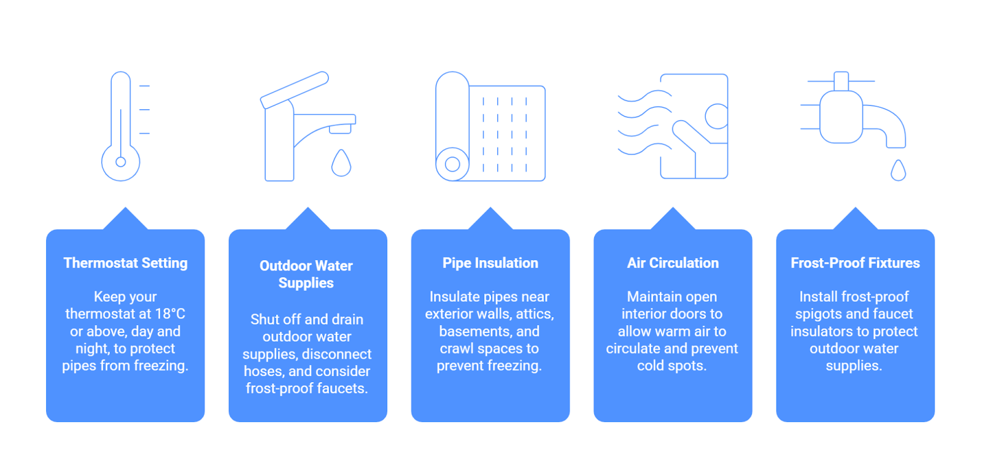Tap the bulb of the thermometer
click(x=120, y=162)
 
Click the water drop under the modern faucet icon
click(x=341, y=163)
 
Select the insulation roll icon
click(x=490, y=126)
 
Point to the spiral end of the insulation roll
click(x=452, y=164)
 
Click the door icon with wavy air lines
click(x=673, y=126)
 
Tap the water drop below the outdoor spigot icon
click(x=899, y=170)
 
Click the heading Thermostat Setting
click(x=125, y=263)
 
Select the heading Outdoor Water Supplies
click(x=306, y=274)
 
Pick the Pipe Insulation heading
click(x=490, y=263)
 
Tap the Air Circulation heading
click(x=673, y=263)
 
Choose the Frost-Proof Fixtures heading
click(x=856, y=263)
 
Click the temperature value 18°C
click(x=168, y=314)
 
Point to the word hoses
click(x=264, y=371)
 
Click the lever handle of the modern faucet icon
click(x=294, y=90)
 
